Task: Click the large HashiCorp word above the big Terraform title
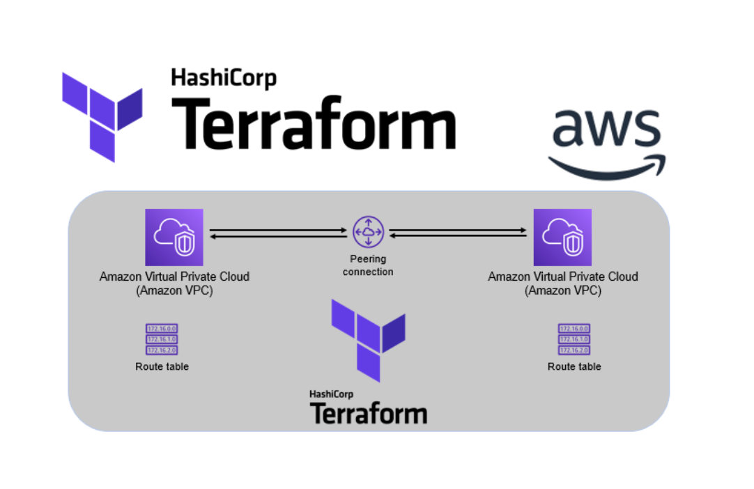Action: pos(224,78)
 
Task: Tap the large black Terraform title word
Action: pos(313,123)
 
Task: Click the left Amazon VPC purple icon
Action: pos(174,238)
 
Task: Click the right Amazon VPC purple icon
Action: pos(562,238)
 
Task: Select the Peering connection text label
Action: pos(368,265)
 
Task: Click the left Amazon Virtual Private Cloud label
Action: pos(174,284)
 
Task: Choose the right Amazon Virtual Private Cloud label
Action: pos(562,284)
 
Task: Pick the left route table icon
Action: pos(162,339)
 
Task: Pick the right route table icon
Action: pos(574,339)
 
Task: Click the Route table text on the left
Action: pos(162,366)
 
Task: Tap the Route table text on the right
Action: pos(574,366)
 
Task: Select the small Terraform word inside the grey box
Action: pos(368,413)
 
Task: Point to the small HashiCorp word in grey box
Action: pos(331,394)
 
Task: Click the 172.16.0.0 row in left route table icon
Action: pos(162,329)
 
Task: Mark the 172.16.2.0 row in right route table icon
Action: pos(574,350)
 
